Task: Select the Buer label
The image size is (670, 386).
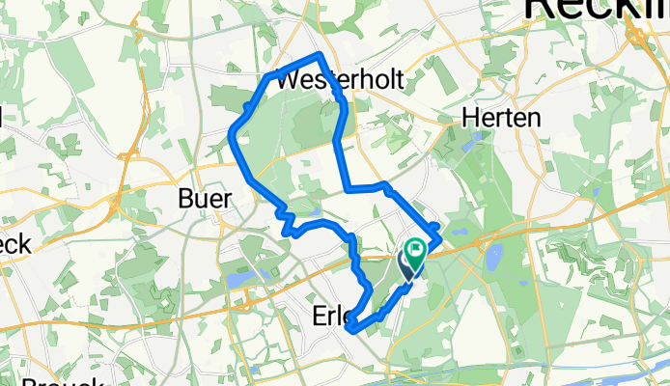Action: (206, 199)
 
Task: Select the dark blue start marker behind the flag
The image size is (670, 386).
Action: (405, 264)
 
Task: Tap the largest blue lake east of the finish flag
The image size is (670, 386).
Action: (495, 257)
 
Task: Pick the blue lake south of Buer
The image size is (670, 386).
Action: (237, 281)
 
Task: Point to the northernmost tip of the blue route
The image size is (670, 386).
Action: (319, 54)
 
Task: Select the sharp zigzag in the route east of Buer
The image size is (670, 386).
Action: (286, 222)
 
